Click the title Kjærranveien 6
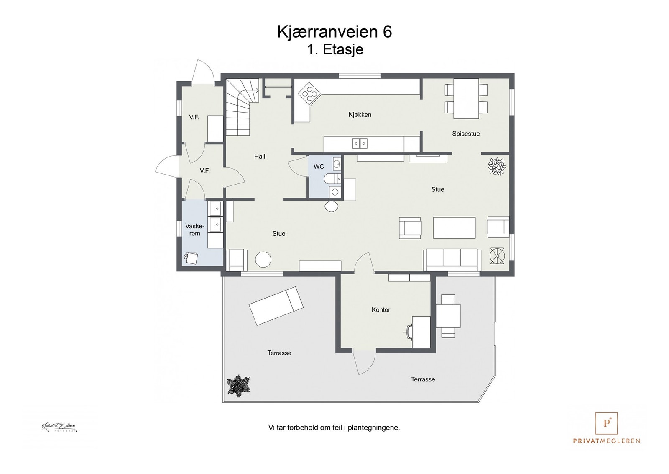[x=334, y=32]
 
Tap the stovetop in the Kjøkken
[x=310, y=93]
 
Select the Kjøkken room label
[x=360, y=115]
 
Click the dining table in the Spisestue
[x=466, y=99]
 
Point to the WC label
[x=319, y=167]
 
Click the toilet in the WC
[x=331, y=179]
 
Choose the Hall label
[x=260, y=157]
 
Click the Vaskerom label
[x=195, y=230]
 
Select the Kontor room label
[x=381, y=310]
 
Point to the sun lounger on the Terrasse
[x=276, y=306]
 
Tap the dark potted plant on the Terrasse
[x=238, y=384]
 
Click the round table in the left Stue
[x=263, y=259]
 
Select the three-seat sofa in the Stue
[x=452, y=259]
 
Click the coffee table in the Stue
[x=454, y=227]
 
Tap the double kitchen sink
[x=360, y=144]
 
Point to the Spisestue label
[x=466, y=134]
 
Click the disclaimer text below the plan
[x=334, y=428]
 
